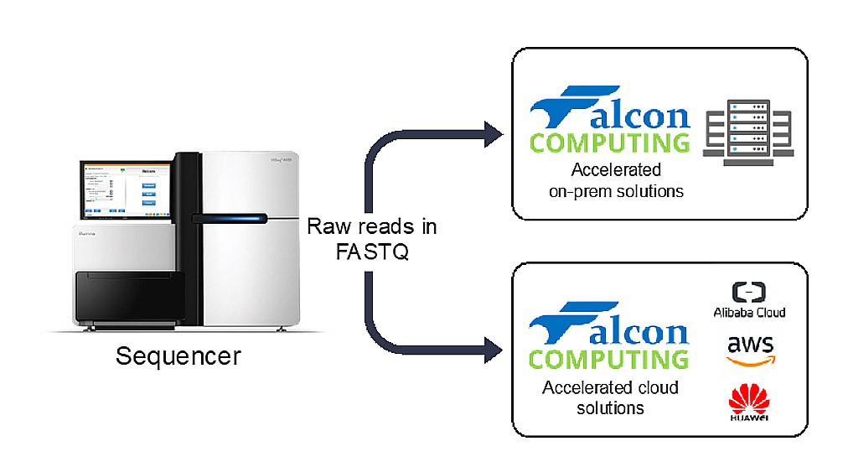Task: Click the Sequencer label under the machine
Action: click(178, 355)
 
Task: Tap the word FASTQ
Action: click(371, 251)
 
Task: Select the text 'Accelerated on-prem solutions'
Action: click(616, 180)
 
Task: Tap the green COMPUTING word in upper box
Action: click(609, 142)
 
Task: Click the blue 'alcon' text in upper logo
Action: click(640, 118)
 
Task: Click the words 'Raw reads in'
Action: click(371, 226)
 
